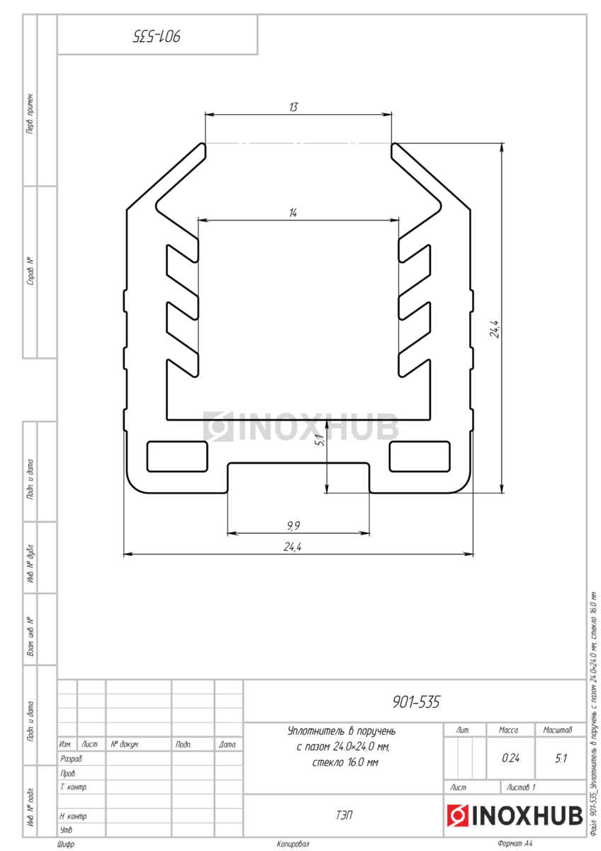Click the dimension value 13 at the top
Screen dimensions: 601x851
coord(293,107)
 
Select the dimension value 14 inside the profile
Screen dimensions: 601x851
coord(293,213)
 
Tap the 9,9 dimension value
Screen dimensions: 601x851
coord(293,525)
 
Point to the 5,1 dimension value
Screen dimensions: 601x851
coord(320,440)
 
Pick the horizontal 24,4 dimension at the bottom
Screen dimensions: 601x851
coord(293,547)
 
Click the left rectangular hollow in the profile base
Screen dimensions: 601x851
coord(177,456)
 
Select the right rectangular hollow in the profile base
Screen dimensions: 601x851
coord(420,456)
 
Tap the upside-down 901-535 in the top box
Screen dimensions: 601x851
coord(157,36)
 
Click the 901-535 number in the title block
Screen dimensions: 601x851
coord(416,702)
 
